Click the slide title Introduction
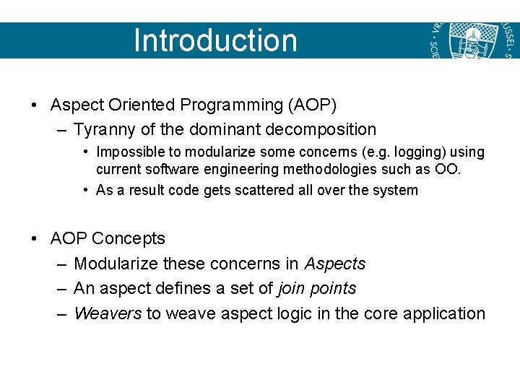coord(215,40)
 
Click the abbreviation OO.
coord(451,169)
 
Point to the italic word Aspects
coord(335,264)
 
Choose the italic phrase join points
coord(317,288)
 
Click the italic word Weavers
coord(108,313)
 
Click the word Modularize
coord(116,264)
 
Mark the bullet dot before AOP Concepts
coord(35,239)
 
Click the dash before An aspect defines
coord(61,289)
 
